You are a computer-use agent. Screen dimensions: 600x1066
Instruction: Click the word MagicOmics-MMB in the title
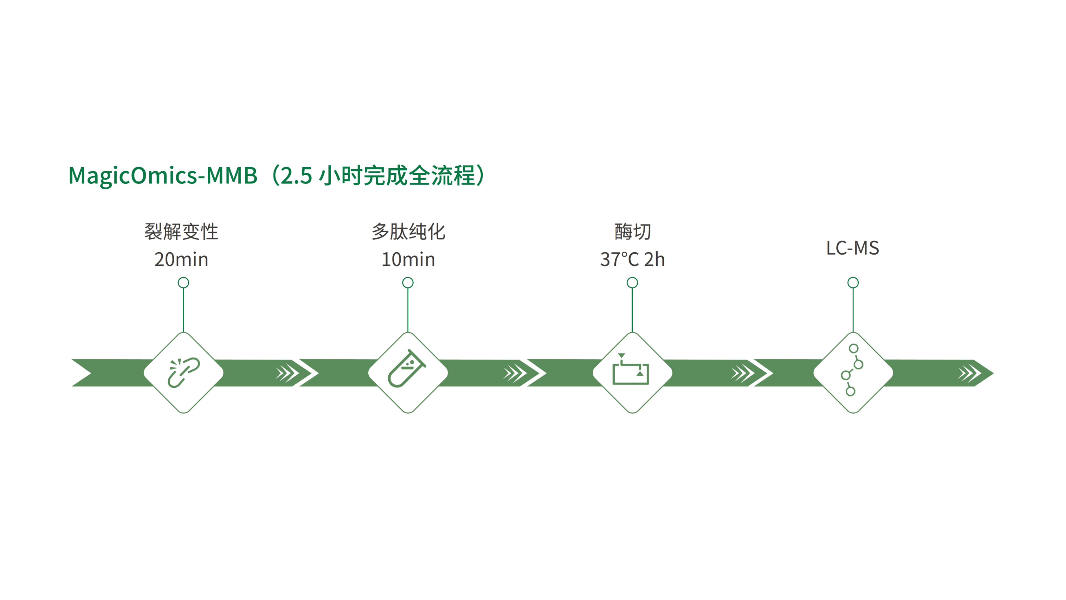tap(163, 176)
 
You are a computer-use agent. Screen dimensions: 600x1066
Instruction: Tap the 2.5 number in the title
tap(296, 176)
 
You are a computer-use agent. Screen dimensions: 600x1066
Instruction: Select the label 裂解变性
tap(181, 231)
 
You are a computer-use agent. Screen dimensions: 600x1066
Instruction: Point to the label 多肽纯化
tap(408, 231)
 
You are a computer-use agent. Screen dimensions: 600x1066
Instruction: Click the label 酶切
tap(632, 231)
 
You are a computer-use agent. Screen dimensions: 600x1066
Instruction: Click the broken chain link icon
tap(183, 373)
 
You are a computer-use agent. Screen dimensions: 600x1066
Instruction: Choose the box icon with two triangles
tap(631, 370)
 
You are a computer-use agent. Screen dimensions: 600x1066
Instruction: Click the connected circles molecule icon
tap(852, 370)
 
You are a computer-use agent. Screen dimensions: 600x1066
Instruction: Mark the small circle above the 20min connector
tap(183, 283)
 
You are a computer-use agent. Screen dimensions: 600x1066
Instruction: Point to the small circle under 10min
tap(408, 283)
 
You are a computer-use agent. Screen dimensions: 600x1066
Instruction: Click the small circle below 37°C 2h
tap(632, 283)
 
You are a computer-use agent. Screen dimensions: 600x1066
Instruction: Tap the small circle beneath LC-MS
tap(853, 283)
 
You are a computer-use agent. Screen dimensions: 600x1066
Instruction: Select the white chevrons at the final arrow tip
tap(969, 373)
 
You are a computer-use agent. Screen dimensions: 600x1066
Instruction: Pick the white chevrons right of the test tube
tap(514, 373)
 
